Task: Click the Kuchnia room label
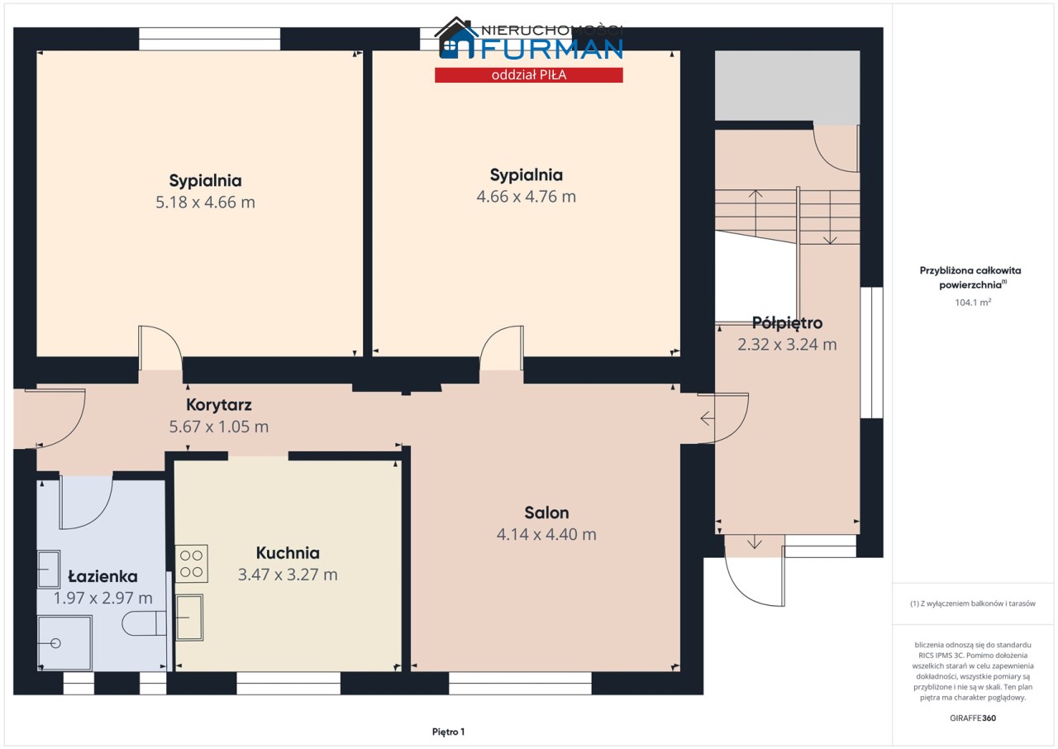tap(288, 552)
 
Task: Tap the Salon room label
tap(546, 513)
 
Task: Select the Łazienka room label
tap(103, 576)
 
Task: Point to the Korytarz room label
tap(219, 405)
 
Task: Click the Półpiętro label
tap(787, 323)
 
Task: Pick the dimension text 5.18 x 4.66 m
tap(206, 202)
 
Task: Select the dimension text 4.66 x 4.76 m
tap(527, 197)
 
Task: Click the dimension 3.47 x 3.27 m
tap(288, 575)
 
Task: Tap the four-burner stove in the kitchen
tap(191, 564)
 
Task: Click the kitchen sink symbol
tap(189, 618)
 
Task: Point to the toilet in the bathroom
tap(144, 623)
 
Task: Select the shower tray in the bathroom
tap(64, 642)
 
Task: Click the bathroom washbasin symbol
tap(49, 569)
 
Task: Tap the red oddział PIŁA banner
tap(528, 75)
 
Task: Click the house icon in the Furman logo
tap(455, 39)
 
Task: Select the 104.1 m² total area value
tap(973, 303)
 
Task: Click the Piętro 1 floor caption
tap(448, 732)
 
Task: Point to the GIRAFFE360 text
tap(973, 718)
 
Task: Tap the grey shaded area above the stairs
tap(787, 85)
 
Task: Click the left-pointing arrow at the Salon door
tap(707, 418)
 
